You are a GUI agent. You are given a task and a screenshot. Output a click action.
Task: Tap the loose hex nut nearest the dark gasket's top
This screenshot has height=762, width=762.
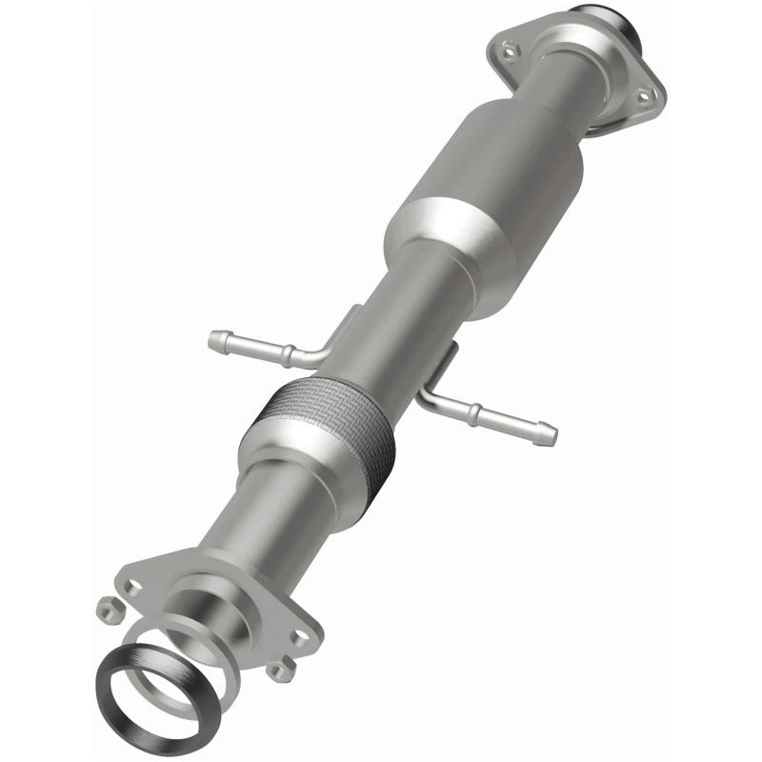tap(107, 604)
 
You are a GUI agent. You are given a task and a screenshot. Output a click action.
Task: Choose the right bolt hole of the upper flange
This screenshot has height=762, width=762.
tap(645, 94)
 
